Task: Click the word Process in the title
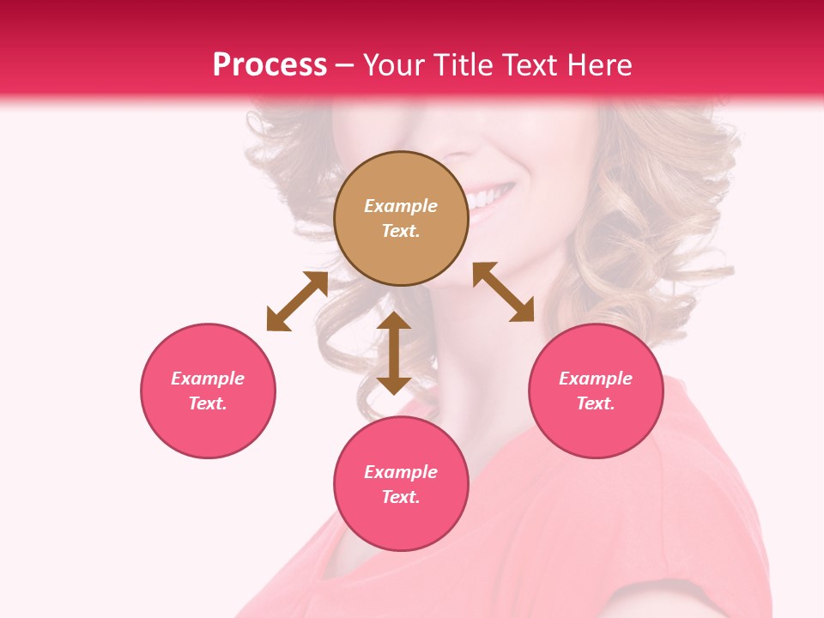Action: pos(270,65)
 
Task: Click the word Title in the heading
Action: pos(462,65)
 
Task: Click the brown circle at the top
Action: pos(401,218)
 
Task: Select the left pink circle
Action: pos(208,391)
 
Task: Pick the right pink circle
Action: pos(596,391)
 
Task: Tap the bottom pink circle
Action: pos(401,484)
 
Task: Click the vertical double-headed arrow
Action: pos(394,353)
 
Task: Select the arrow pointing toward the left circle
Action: pos(297,301)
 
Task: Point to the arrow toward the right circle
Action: pos(503,292)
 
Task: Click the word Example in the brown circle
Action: pos(401,206)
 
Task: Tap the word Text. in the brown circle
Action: pos(401,231)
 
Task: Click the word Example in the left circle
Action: pos(208,379)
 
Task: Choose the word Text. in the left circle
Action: pos(208,403)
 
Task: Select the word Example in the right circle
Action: pos(596,379)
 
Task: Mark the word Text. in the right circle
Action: pos(596,403)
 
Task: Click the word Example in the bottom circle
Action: pos(401,472)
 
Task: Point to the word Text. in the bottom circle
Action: pos(401,497)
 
